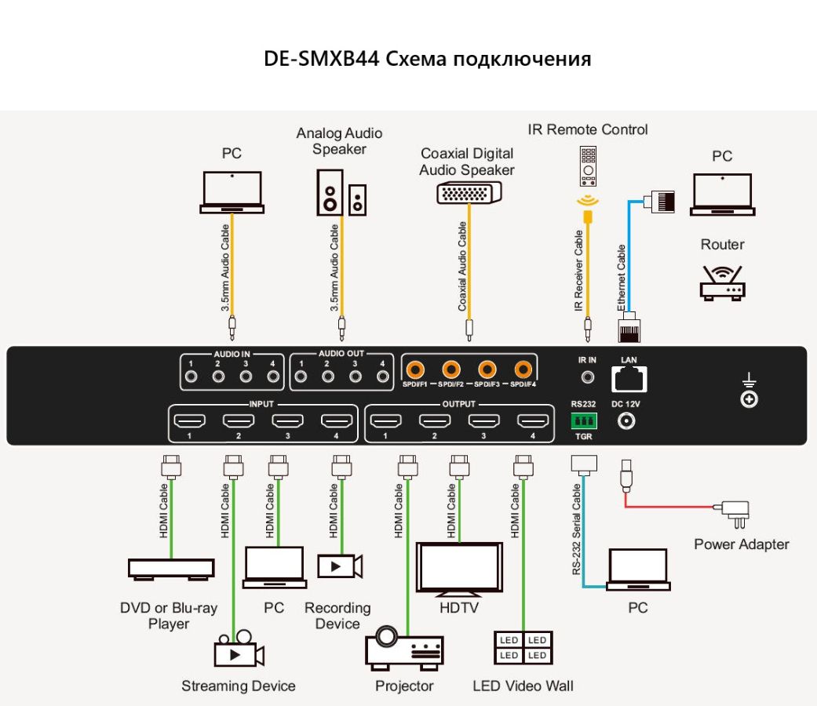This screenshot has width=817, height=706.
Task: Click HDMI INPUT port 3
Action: coord(287,421)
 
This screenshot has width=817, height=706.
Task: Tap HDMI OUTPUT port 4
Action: coord(531,421)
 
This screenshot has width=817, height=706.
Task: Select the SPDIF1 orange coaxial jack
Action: coord(415,368)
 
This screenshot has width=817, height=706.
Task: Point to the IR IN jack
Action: coord(587,377)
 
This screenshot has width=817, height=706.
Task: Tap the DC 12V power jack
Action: coord(627,421)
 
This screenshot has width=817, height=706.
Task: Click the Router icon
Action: coord(721,283)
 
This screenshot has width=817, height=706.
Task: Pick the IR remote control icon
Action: coord(587,166)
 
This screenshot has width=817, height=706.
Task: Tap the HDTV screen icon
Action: coord(459,569)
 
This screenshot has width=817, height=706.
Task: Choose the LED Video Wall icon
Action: coord(523,648)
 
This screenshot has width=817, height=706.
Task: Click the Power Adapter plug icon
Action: coord(737,514)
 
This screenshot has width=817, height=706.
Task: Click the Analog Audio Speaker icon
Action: coord(340,192)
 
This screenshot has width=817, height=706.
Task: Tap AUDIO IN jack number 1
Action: coord(191,377)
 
